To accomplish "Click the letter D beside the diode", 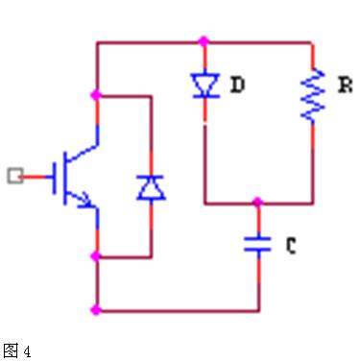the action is pos(238,84).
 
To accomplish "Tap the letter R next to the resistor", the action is pos(346,85).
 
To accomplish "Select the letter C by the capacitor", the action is pos(291,246).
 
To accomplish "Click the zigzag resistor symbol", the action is pos(313,95).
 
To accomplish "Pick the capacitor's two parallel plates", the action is pos(257,244).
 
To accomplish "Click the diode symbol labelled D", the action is pos(205,85).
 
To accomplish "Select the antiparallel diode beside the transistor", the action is pos(151,187).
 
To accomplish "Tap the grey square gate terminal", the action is pos(15,176).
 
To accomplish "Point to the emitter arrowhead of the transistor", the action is pos(87,200).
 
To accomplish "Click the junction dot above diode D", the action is pos(204,41).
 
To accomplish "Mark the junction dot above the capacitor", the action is pos(257,202).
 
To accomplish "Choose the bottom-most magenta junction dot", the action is pos(96,310).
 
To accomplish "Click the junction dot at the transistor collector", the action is pos(96,95).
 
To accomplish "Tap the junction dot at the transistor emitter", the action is pos(96,256).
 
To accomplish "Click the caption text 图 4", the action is pos(17,350).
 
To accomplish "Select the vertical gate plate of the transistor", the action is pos(54,178).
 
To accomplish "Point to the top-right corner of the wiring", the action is pos(312,42).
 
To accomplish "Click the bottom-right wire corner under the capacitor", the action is pos(259,310).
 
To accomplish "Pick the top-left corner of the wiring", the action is pos(97,42).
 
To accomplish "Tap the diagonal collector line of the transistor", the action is pos(82,153).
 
